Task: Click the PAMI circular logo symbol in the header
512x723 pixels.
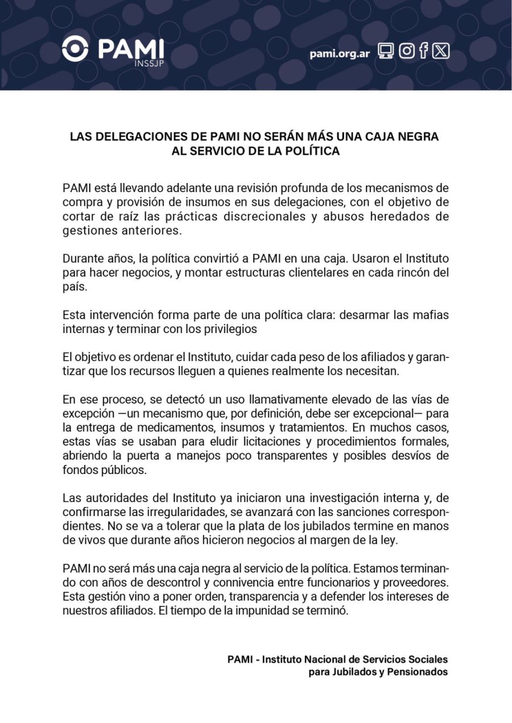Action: pos(76,48)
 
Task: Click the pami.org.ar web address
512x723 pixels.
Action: pos(340,53)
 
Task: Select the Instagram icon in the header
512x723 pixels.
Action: pos(406,51)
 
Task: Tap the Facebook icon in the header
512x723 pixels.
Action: pos(424,51)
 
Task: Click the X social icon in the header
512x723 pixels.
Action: pos(441,51)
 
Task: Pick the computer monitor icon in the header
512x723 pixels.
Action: pos(386,51)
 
